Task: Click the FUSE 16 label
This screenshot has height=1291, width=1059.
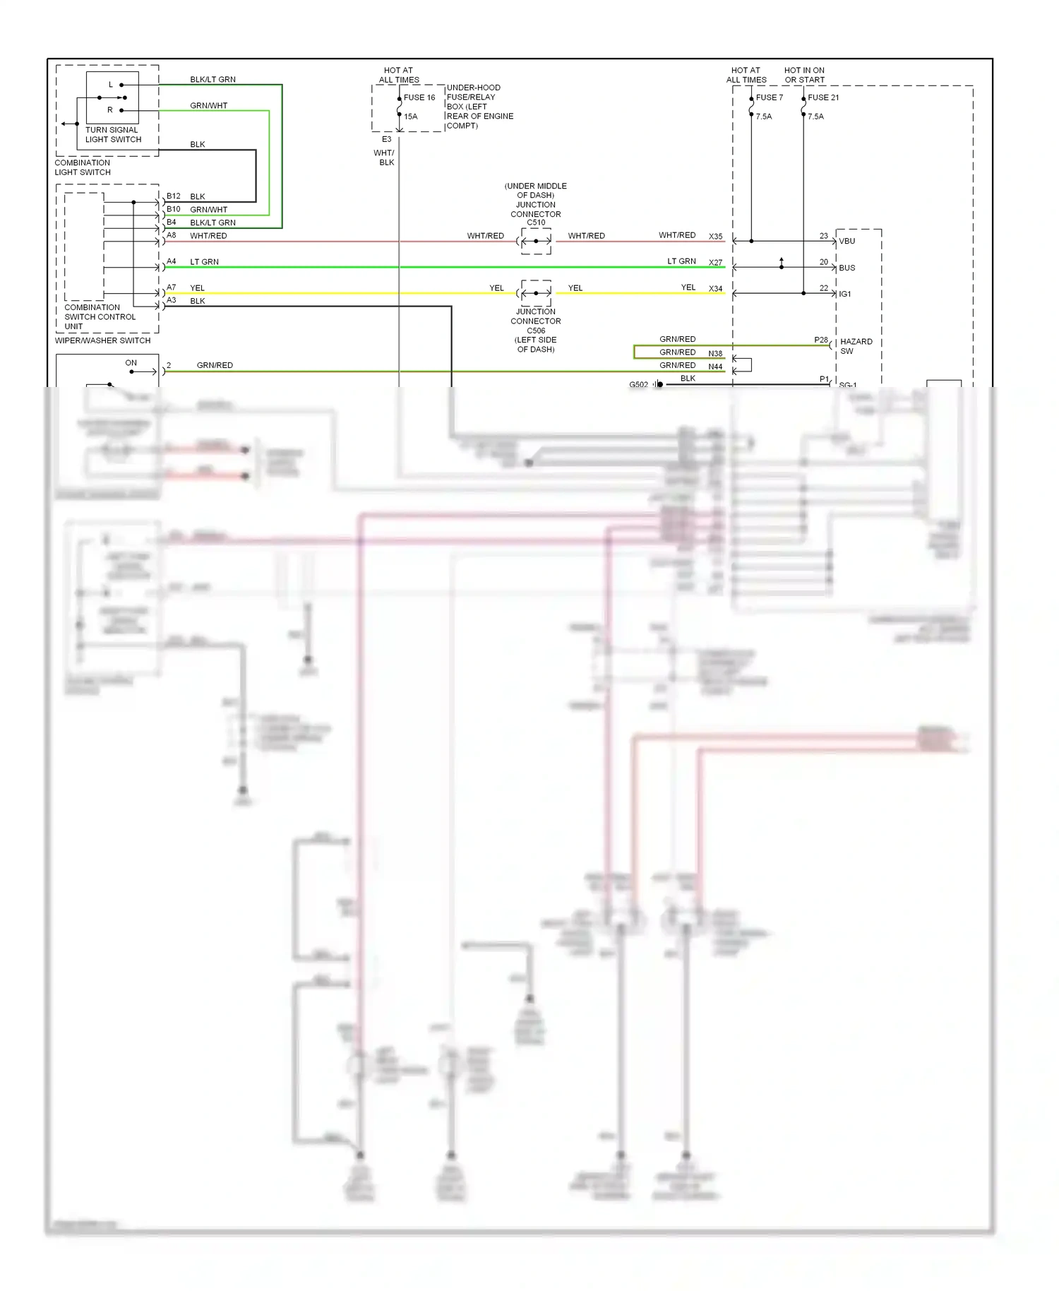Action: click(419, 97)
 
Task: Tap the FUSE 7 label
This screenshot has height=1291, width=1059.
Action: click(769, 97)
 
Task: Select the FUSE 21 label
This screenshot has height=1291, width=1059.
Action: click(823, 97)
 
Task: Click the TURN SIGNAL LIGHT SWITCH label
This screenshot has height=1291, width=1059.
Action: click(113, 135)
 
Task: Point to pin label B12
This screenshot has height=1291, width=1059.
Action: click(174, 196)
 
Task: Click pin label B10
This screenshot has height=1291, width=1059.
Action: click(174, 209)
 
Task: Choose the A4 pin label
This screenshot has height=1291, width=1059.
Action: click(172, 261)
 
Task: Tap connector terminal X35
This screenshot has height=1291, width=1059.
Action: click(715, 237)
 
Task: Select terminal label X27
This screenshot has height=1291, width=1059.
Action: click(715, 263)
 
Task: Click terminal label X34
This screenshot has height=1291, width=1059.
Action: click(715, 289)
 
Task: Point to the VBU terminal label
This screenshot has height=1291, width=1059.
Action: click(846, 242)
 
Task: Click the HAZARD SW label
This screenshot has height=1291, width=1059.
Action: click(856, 346)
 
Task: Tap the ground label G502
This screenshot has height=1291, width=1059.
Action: click(638, 385)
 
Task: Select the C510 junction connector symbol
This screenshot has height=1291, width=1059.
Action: click(536, 242)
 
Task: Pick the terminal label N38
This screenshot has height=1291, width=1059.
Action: click(715, 354)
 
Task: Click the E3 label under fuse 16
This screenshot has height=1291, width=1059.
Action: click(386, 139)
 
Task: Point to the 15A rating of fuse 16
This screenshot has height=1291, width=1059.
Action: click(410, 117)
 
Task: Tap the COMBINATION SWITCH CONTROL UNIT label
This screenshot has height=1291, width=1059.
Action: click(100, 317)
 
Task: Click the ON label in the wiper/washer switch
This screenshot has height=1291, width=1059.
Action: click(131, 363)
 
